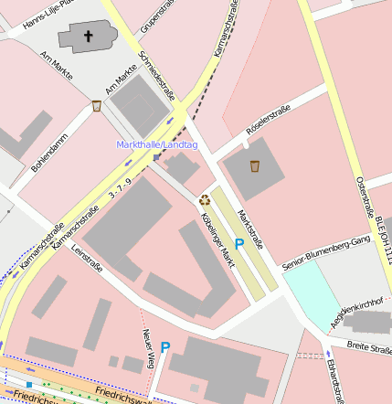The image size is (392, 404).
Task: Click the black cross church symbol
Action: pyautogui.click(x=89, y=37)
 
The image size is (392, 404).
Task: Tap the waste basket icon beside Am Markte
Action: pyautogui.click(x=97, y=107)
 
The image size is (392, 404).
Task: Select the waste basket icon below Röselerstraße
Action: pyautogui.click(x=255, y=166)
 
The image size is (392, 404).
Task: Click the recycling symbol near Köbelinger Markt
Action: pyautogui.click(x=205, y=198)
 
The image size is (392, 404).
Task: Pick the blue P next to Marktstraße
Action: pyautogui.click(x=239, y=244)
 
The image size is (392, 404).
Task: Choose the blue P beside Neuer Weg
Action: pyautogui.click(x=165, y=346)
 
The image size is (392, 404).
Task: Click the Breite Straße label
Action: pyautogui.click(x=368, y=347)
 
